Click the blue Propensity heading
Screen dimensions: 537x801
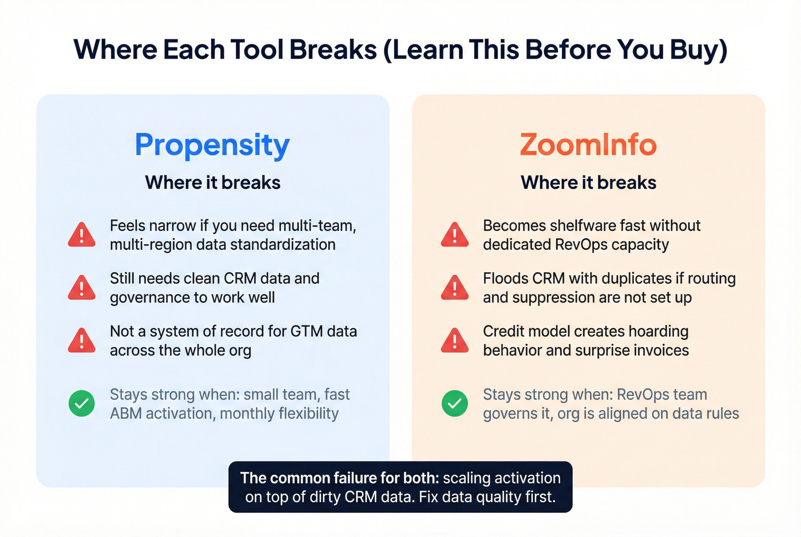(x=212, y=145)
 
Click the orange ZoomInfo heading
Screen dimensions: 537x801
(x=588, y=145)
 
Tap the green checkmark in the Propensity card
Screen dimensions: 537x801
(x=82, y=404)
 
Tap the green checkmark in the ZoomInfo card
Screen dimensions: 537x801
(x=455, y=404)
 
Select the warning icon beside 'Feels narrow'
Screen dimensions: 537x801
(x=82, y=235)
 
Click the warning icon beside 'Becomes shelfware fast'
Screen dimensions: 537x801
(x=455, y=235)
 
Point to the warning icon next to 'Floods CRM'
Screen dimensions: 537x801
(x=455, y=288)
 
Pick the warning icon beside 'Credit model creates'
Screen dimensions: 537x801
(x=455, y=341)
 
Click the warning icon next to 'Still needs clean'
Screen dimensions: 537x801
(x=82, y=288)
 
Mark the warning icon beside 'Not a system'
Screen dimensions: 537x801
(x=82, y=341)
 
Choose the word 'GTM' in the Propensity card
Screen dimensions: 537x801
(x=307, y=332)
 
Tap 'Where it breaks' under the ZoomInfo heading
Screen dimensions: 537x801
(x=588, y=182)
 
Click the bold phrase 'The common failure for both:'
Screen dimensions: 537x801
(x=340, y=478)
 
